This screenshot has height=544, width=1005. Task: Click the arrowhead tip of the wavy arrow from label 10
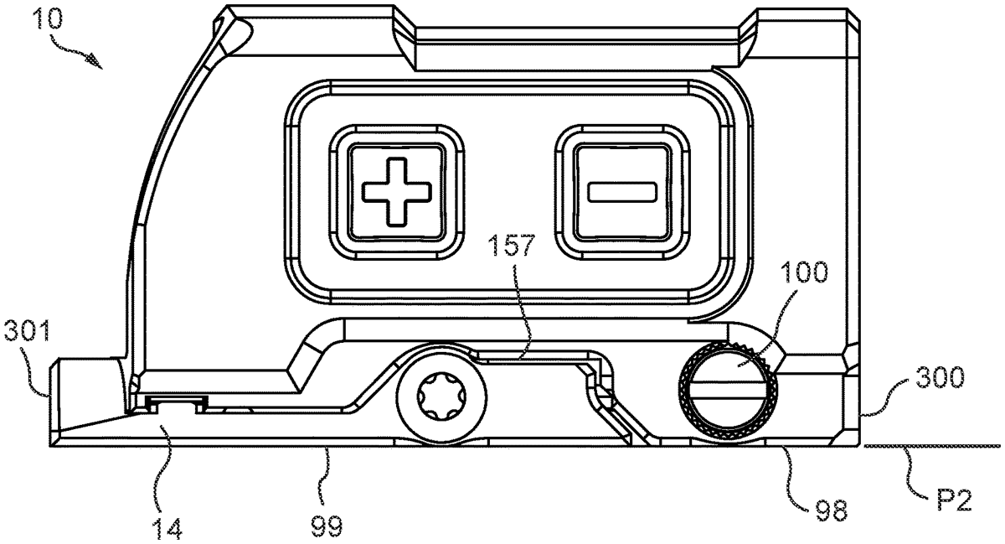[x=102, y=69]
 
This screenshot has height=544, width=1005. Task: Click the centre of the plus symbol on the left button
[x=397, y=192]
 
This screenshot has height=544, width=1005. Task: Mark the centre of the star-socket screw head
[x=441, y=397]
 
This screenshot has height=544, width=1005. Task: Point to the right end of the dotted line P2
[x=1000, y=446]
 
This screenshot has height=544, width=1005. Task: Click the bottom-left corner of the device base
[x=49, y=446]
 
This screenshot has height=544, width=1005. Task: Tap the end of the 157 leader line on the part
[x=518, y=359]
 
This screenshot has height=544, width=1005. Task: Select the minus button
[x=622, y=192]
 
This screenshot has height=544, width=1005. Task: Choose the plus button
[x=397, y=192]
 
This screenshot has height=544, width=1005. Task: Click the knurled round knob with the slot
[x=728, y=391]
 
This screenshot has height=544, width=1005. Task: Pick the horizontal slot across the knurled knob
[x=728, y=390]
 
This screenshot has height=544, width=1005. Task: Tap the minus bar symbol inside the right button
[x=622, y=192]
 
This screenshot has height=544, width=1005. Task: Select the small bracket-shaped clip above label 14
[x=178, y=404]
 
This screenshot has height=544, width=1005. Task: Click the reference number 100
[x=805, y=272]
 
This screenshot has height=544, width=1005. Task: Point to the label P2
[x=954, y=500]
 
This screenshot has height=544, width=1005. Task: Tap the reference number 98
[x=832, y=510]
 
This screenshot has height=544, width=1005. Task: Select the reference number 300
[x=940, y=378]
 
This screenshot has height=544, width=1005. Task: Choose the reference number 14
[x=167, y=528]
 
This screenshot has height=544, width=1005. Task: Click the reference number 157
[x=513, y=245]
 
